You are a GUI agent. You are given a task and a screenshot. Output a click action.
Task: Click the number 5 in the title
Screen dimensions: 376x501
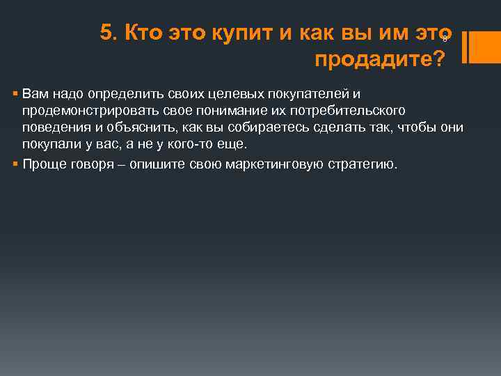coord(106,32)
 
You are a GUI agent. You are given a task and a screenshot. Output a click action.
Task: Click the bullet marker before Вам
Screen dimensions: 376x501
coord(15,93)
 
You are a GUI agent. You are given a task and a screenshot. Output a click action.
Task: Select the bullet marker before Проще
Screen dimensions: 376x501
coord(15,164)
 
